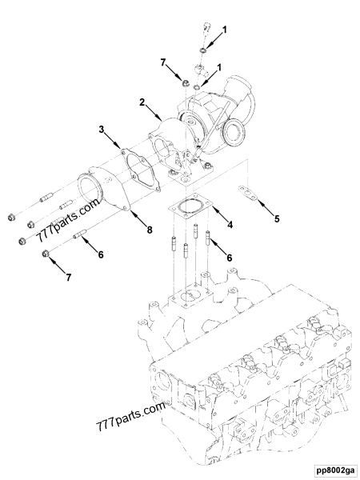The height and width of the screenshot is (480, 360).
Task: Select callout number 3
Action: (x=102, y=128)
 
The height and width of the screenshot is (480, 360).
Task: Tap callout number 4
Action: (x=230, y=224)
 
